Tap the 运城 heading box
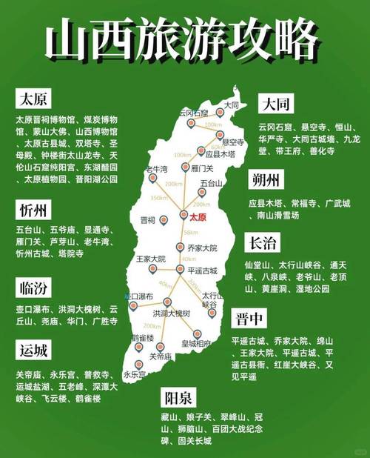[33, 350]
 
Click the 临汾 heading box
[33, 288]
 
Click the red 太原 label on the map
[198, 218]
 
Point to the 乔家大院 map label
[201, 248]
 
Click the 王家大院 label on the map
[149, 259]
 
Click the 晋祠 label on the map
[148, 220]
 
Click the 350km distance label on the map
[158, 198]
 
